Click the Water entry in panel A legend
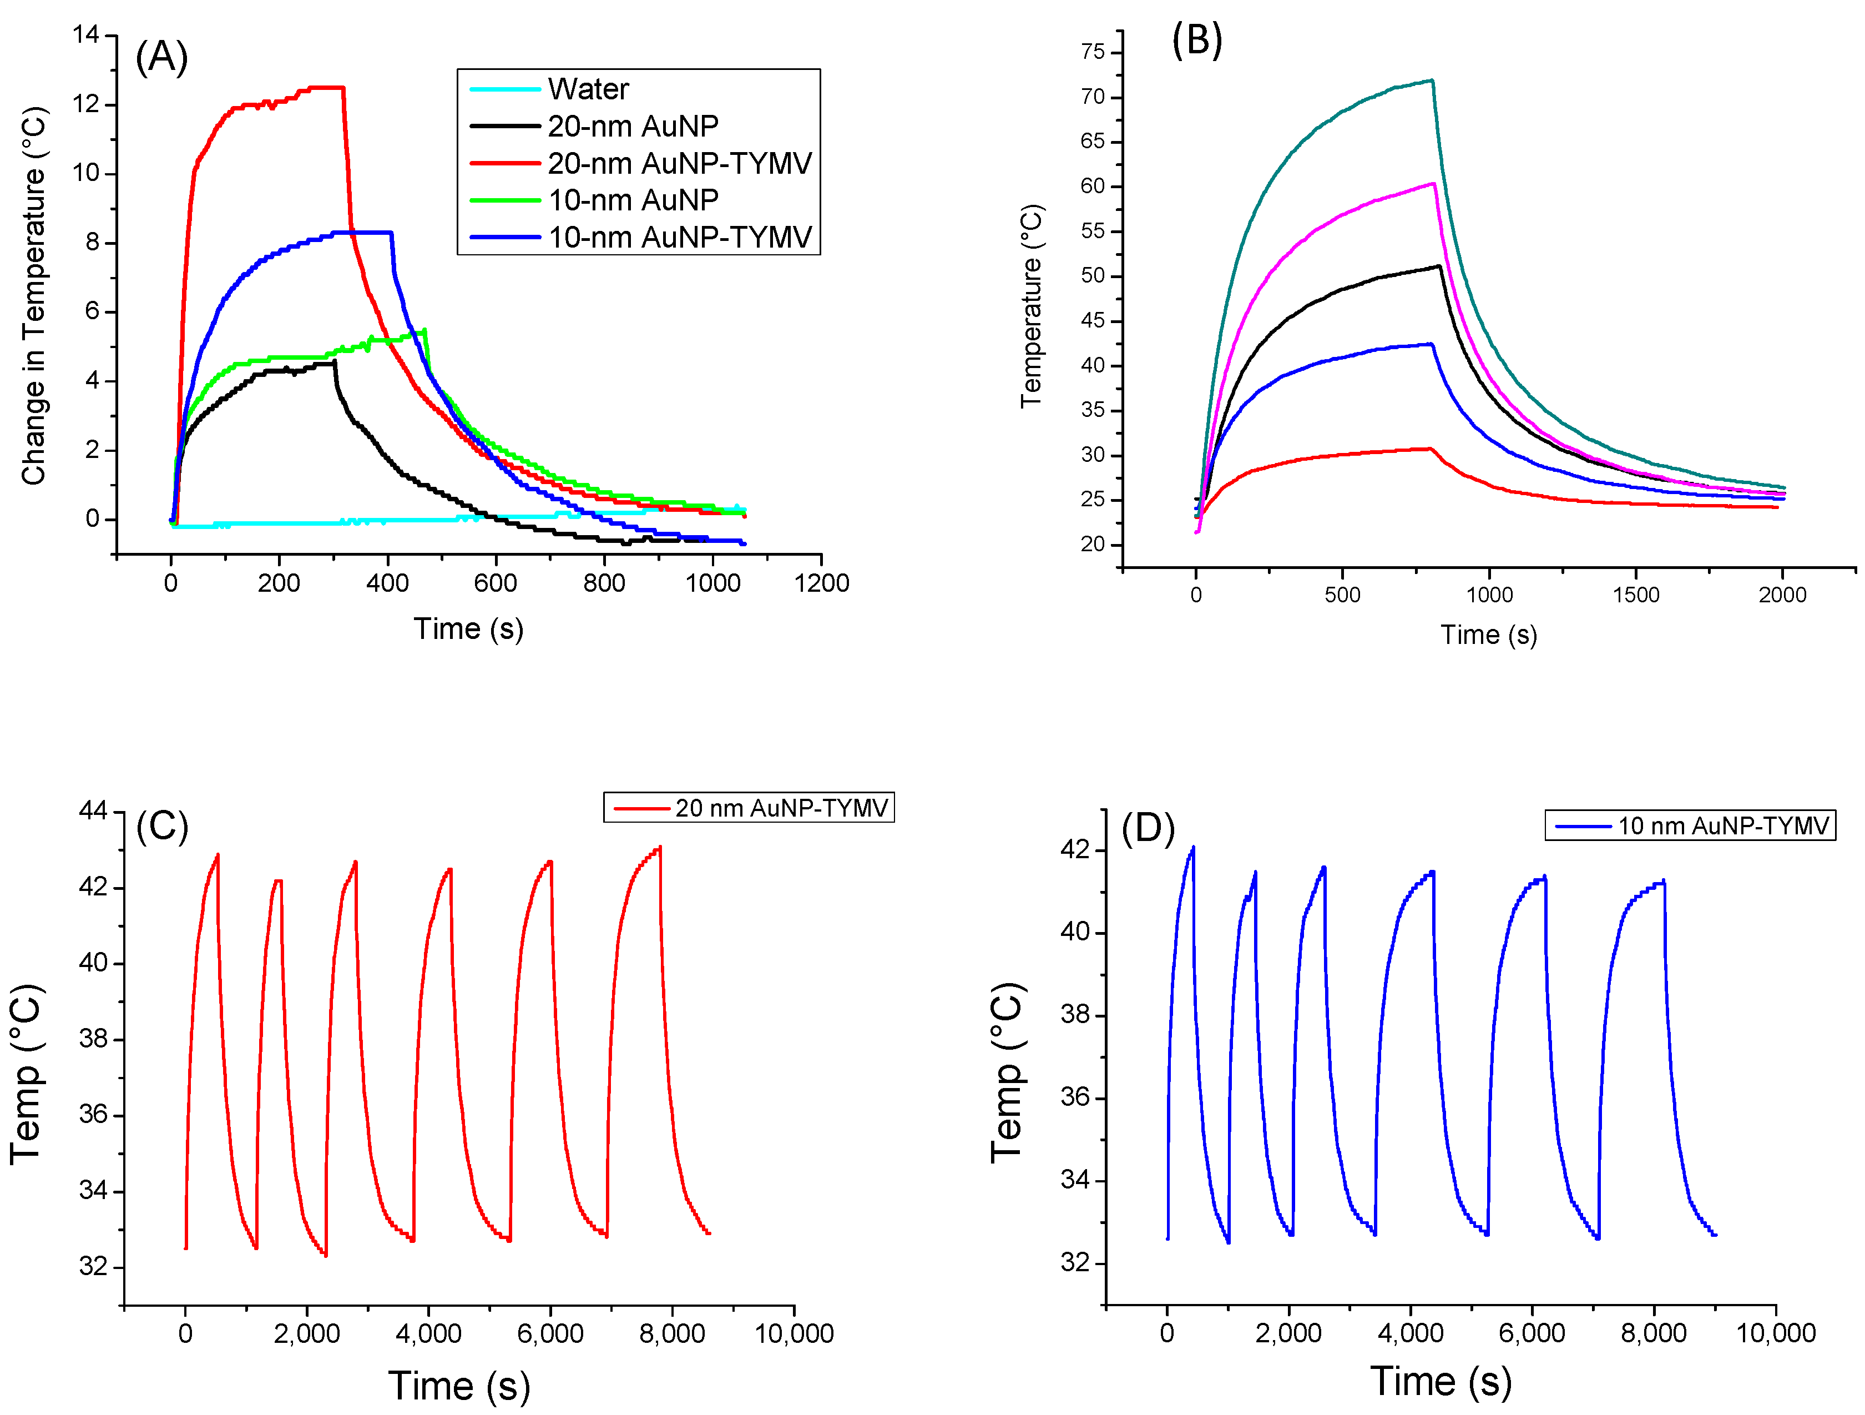(x=588, y=89)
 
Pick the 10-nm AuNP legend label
(x=633, y=200)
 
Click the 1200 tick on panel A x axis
(x=821, y=583)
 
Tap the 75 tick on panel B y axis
(x=1093, y=52)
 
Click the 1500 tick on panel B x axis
(x=1636, y=595)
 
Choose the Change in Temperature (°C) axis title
(x=34, y=295)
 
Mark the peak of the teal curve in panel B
(x=1431, y=81)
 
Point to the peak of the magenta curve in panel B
(x=1433, y=184)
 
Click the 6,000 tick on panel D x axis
(x=1532, y=1333)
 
